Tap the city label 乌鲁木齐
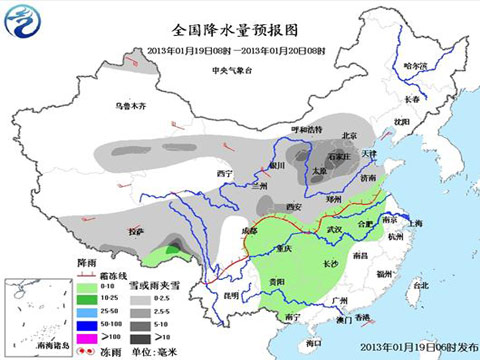tap(134, 104)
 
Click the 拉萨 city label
tap(136, 232)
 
